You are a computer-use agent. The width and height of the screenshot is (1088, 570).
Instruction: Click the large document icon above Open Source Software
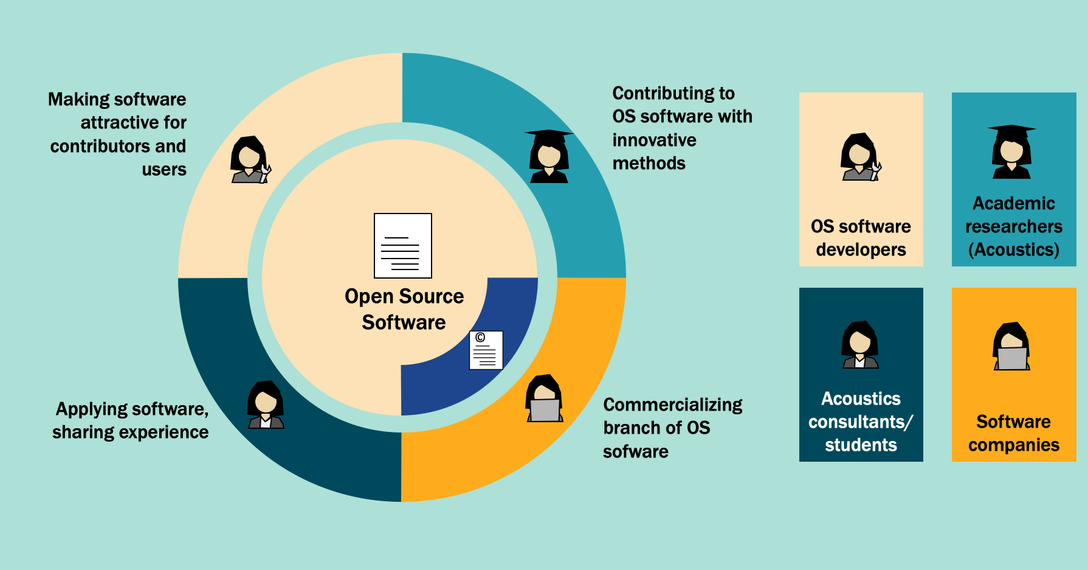[x=402, y=245]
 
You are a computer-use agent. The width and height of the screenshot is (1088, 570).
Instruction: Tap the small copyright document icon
[x=486, y=350]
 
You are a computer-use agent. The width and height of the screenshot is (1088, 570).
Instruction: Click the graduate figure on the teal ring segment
[x=549, y=156]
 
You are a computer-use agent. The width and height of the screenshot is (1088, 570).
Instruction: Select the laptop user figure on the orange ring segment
[x=544, y=398]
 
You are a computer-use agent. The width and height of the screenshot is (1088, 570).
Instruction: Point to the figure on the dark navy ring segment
[x=266, y=405]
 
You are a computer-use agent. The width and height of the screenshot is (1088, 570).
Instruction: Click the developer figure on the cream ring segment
[x=250, y=160]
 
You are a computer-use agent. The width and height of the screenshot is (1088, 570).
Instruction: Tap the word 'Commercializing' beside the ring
[x=672, y=405]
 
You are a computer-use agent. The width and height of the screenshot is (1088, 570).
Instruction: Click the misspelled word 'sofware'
[x=635, y=451]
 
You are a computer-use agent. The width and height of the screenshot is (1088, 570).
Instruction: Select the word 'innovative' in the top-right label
[x=654, y=140]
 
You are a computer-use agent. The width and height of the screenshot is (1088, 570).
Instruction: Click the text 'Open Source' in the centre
[x=404, y=296]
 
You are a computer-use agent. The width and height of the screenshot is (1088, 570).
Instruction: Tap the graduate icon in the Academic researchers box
[x=1011, y=152]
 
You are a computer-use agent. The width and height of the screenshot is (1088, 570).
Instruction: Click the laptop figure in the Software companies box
[x=1011, y=346]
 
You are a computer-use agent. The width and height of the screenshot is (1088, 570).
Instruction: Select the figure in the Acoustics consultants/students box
[x=859, y=345]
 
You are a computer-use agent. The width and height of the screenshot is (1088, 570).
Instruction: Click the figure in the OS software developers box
[x=860, y=157]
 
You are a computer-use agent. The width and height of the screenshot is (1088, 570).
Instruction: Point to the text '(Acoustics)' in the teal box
[x=1013, y=249]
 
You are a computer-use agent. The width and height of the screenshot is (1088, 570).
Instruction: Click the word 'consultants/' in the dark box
[x=860, y=422]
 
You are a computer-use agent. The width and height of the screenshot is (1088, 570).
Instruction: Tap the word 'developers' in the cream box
[x=861, y=249]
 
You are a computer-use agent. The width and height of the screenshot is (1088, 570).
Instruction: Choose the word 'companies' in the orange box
[x=1013, y=445]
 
